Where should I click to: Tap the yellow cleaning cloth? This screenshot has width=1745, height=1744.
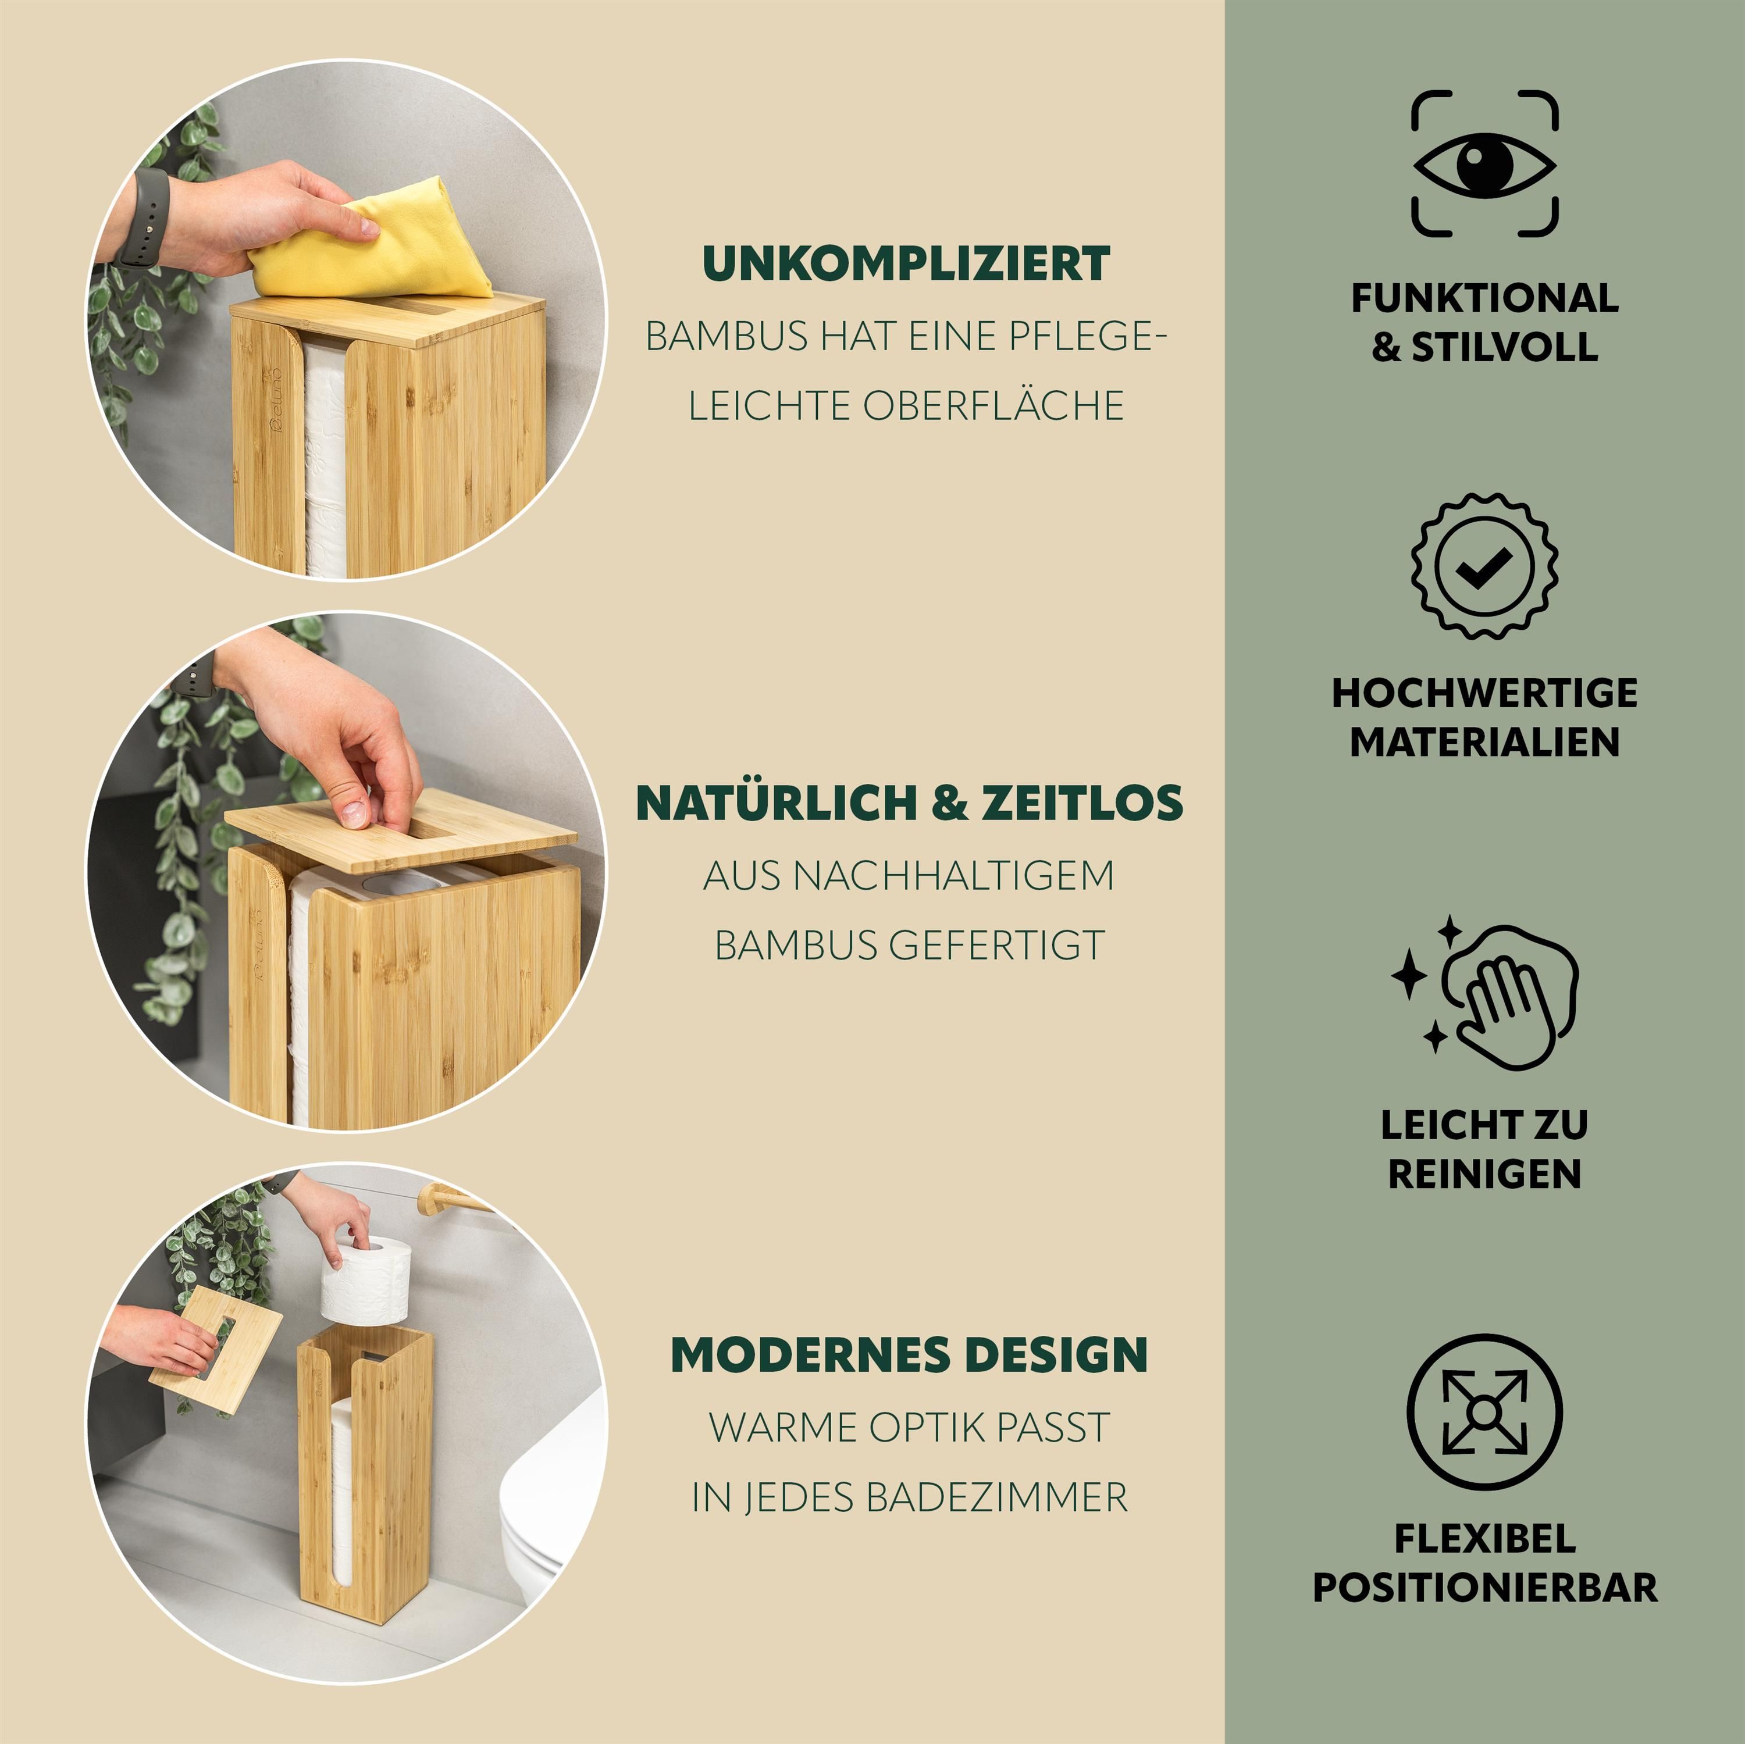point(371,244)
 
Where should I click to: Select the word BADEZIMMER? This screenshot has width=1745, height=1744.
point(997,1497)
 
